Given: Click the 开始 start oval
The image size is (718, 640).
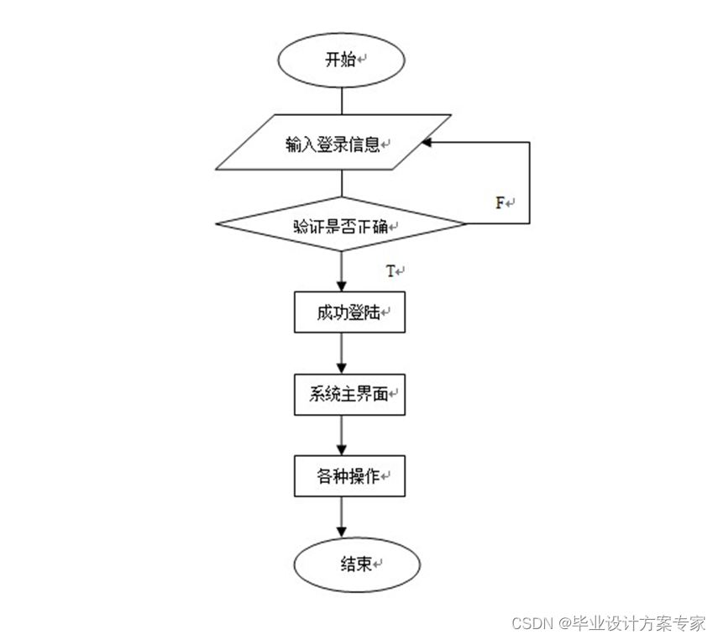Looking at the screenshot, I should pos(342,60).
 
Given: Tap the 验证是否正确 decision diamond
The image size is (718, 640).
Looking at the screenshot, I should pos(341,225).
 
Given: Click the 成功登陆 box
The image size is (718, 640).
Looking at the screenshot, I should pos(349,312).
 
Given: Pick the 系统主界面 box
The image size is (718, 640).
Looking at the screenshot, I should pos(349,394).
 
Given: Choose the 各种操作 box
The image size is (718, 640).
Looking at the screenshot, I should pos(349,476).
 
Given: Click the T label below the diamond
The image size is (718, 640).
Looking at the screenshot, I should pos(390,270).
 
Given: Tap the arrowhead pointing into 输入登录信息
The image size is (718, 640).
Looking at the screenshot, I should pos(427,143).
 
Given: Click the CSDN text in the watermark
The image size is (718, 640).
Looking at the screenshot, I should pos(529,623).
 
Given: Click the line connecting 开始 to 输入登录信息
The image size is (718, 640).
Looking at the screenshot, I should pos(342,100).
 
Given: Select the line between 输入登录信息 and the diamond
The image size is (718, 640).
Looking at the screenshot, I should pos(342,186).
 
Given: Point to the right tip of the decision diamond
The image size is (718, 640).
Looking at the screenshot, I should pos(464,224).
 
